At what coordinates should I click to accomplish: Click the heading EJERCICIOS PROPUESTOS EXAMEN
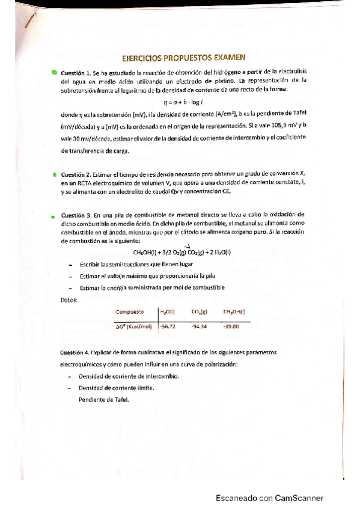pos(183,59)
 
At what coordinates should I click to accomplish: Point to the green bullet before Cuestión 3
pos(53,215)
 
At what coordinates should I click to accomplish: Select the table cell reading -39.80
pos(231,326)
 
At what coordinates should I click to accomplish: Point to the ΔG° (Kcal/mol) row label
pos(134,326)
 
